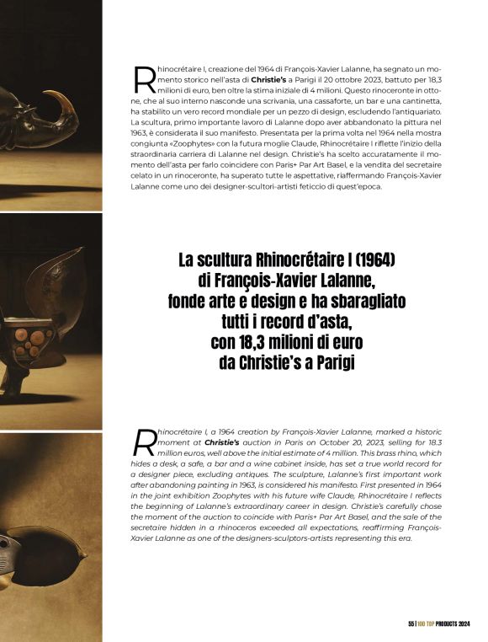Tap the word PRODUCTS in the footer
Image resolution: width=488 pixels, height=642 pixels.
pyautogui.click(x=437, y=623)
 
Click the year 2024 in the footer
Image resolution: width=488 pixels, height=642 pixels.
pyautogui.click(x=463, y=623)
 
